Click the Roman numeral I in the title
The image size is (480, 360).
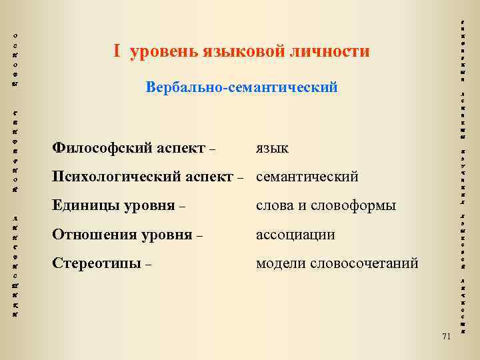tap(116, 51)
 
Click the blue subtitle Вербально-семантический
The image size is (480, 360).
tap(241, 87)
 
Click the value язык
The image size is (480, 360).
tap(273, 148)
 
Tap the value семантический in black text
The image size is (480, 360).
tap(307, 177)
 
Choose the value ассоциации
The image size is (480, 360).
tap(296, 235)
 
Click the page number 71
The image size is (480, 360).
tap(446, 336)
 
